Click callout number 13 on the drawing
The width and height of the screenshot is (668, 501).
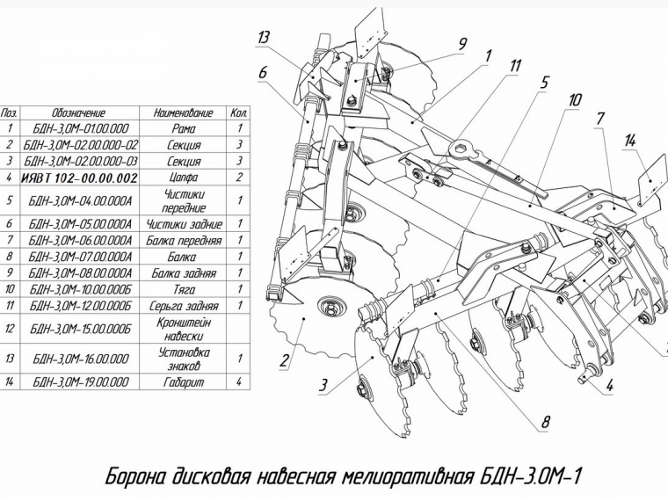pyautogui.click(x=265, y=37)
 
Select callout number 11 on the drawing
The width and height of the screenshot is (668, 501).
pyautogui.click(x=515, y=66)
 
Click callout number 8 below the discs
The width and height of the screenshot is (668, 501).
pyautogui.click(x=545, y=423)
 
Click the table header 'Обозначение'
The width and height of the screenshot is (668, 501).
pyautogui.click(x=79, y=113)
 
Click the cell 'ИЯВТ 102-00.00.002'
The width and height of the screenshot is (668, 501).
pyautogui.click(x=79, y=178)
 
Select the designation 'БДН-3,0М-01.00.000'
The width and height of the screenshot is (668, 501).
pyautogui.click(x=79, y=128)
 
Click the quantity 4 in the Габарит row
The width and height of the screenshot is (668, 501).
pyautogui.click(x=239, y=382)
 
